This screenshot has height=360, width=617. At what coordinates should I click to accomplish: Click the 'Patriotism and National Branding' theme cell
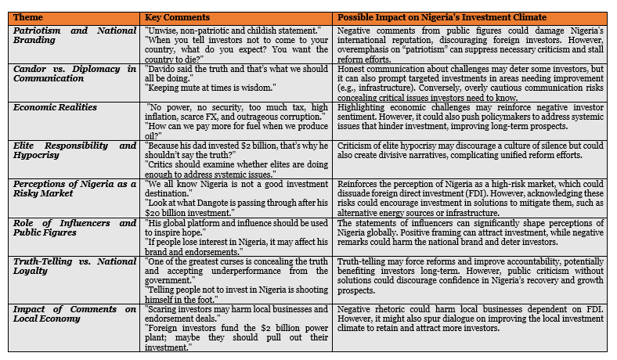pyautogui.click(x=74, y=35)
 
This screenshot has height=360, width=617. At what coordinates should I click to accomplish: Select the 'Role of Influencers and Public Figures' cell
pyautogui.click(x=74, y=228)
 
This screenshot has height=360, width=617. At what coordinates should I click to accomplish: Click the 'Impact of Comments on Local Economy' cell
pyautogui.click(x=74, y=315)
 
